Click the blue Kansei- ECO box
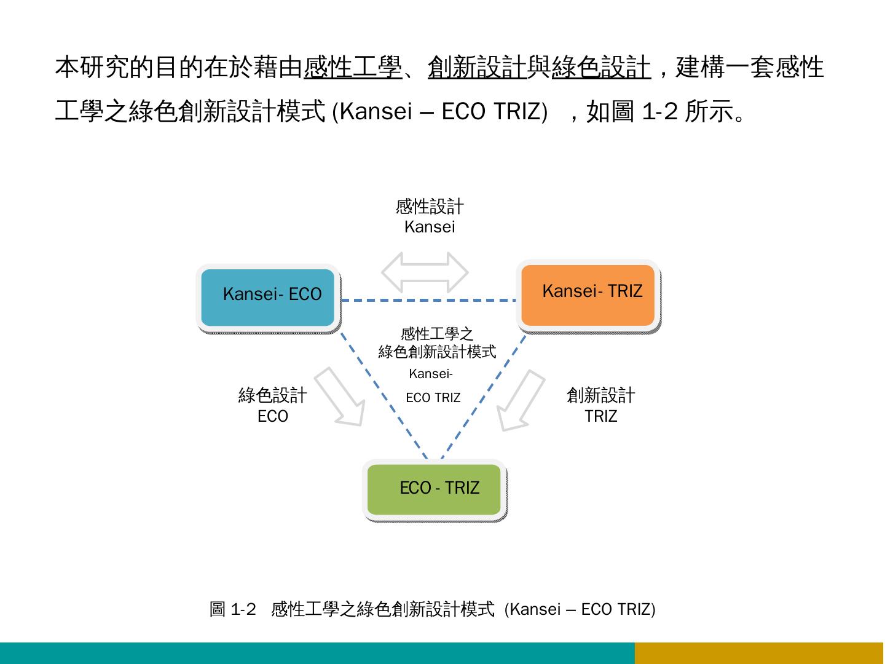pyautogui.click(x=268, y=298)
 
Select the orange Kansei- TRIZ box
pyautogui.click(x=588, y=295)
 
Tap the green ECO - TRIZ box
pyautogui.click(x=435, y=489)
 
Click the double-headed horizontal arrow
pyautogui.click(x=425, y=272)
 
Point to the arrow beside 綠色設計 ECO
pyautogui.click(x=341, y=398)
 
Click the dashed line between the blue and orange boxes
pyautogui.click(x=428, y=301)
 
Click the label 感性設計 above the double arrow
pyautogui.click(x=430, y=207)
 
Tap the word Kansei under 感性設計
pyautogui.click(x=430, y=227)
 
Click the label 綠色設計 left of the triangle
pyautogui.click(x=272, y=395)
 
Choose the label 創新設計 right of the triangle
pyautogui.click(x=600, y=395)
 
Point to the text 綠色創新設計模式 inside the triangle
pyautogui.click(x=437, y=352)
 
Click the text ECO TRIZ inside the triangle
pyautogui.click(x=433, y=398)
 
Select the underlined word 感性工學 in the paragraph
pyautogui.click(x=352, y=67)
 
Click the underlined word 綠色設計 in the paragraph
pyautogui.click(x=600, y=67)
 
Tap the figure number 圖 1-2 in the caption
pyautogui.click(x=232, y=609)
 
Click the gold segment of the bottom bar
pyautogui.click(x=759, y=653)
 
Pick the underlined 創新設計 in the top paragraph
pyautogui.click(x=477, y=67)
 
